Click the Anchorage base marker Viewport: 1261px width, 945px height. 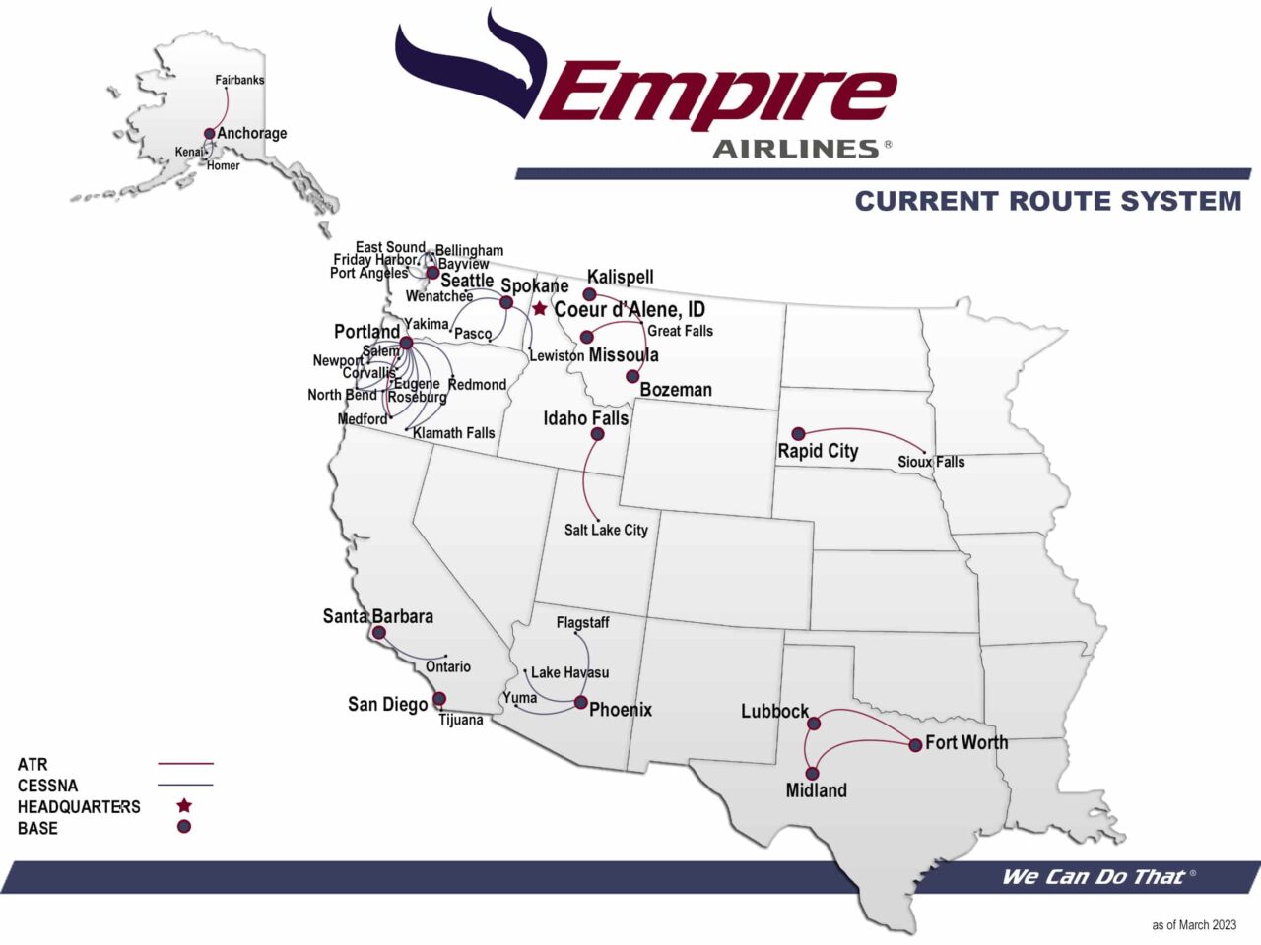click(209, 134)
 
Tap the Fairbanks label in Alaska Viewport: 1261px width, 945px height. click(239, 80)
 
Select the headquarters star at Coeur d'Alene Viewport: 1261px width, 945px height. click(540, 309)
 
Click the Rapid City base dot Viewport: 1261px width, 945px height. click(799, 433)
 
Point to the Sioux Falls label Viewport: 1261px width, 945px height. click(931, 462)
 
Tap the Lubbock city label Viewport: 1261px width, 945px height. click(774, 711)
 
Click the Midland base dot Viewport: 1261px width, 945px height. click(812, 774)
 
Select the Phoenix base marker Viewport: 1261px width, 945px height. click(581, 703)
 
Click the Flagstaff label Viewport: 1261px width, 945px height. click(582, 623)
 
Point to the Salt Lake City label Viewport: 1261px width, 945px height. click(606, 530)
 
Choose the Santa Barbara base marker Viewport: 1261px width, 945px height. click(379, 633)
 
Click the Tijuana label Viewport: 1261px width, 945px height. click(460, 720)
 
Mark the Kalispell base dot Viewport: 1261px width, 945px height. click(590, 294)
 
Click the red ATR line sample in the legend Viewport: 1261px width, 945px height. click(185, 764)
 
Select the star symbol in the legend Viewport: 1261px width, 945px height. click(184, 806)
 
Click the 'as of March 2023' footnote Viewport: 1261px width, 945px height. click(1193, 925)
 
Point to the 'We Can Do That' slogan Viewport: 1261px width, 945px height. click(1093, 877)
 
